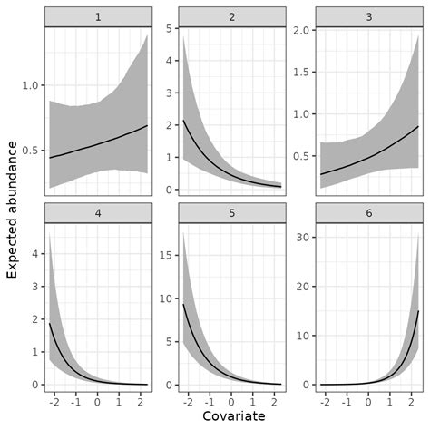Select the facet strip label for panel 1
[x=97, y=16]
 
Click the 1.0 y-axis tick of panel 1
[x=31, y=85]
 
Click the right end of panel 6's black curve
[x=418, y=311]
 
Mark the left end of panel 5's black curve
[x=184, y=305]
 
